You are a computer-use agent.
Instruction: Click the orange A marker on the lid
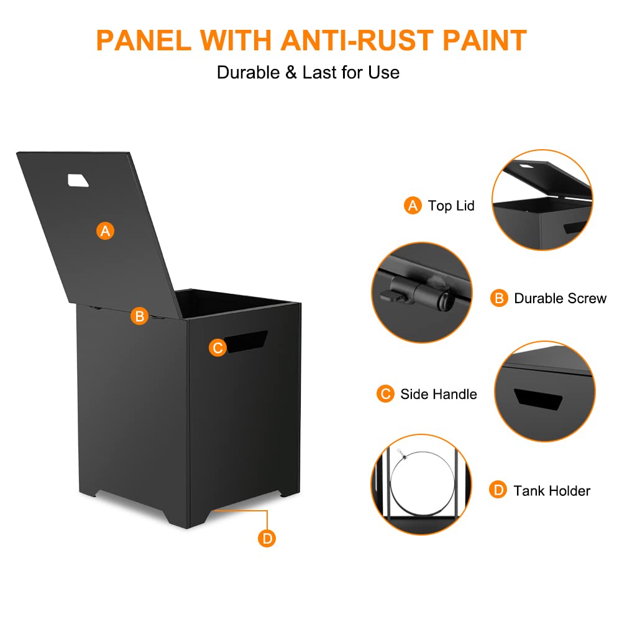point(105,231)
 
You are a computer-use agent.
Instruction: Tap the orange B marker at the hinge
point(139,316)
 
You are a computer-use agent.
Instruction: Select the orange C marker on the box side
point(217,347)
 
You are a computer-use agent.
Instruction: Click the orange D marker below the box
point(267,538)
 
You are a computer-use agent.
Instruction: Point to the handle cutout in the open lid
point(78,180)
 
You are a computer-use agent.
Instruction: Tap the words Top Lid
point(451,206)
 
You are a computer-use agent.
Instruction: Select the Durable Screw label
point(560,298)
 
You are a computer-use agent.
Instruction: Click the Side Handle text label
point(439,394)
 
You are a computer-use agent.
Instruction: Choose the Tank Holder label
point(552,491)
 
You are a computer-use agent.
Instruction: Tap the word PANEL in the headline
point(144,40)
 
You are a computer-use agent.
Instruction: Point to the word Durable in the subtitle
point(249,73)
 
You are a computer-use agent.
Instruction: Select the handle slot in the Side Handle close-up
point(538,399)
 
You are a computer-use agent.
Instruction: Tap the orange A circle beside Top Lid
point(413,206)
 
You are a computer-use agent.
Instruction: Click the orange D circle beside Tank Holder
point(498,490)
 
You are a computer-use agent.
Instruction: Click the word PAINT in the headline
point(484,40)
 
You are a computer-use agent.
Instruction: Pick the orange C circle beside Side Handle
point(385,393)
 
